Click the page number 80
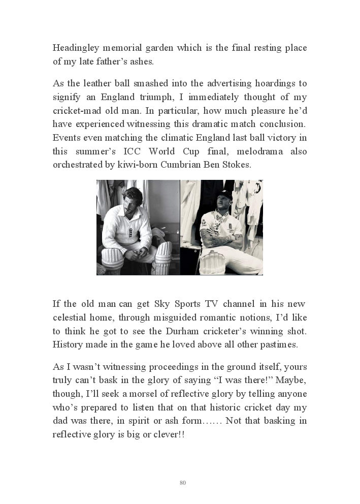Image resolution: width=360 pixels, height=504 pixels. click(x=183, y=483)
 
